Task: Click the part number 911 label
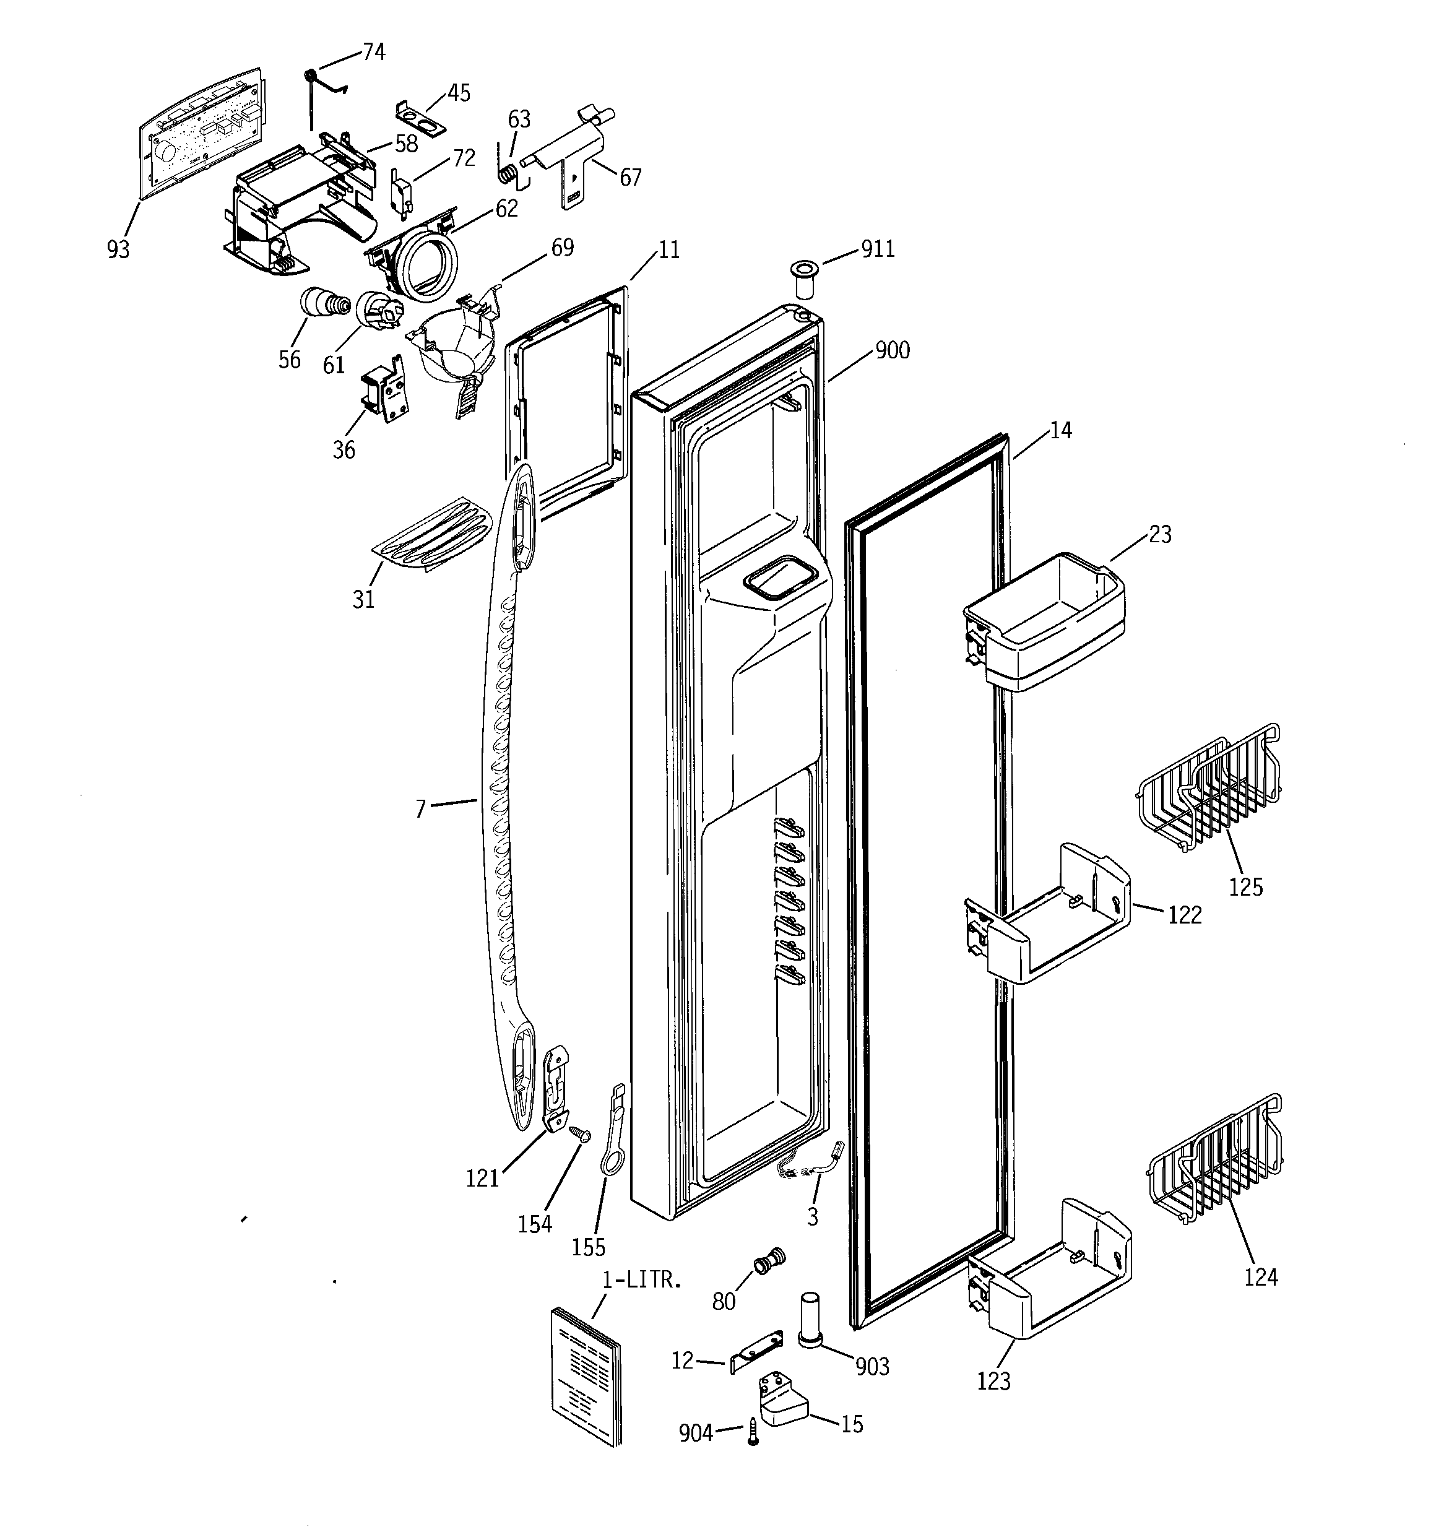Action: pyautogui.click(x=877, y=249)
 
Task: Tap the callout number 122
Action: pyautogui.click(x=1185, y=915)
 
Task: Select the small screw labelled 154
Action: pyautogui.click(x=579, y=1133)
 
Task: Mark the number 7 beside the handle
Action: pyautogui.click(x=421, y=809)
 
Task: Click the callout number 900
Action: pyautogui.click(x=893, y=350)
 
